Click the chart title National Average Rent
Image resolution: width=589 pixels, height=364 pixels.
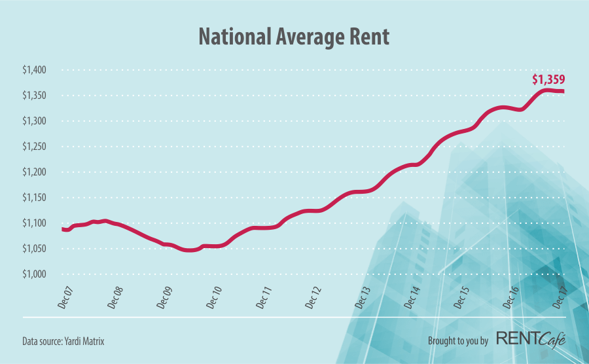294,37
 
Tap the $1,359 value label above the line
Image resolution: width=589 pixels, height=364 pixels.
548,80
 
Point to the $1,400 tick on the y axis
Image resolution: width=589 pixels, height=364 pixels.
37,70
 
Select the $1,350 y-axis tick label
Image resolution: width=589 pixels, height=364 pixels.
37,96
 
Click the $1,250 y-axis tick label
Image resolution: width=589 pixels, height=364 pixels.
37,147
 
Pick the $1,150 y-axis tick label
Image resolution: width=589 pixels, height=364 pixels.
37,198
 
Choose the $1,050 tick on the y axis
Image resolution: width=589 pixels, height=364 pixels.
37,249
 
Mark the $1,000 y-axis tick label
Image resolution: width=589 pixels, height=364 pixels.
37,274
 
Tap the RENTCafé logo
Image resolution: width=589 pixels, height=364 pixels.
530,340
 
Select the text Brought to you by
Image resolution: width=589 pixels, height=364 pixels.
458,341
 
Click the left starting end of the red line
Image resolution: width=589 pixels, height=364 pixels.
63,229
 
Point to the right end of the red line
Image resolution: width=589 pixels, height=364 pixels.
563,91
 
